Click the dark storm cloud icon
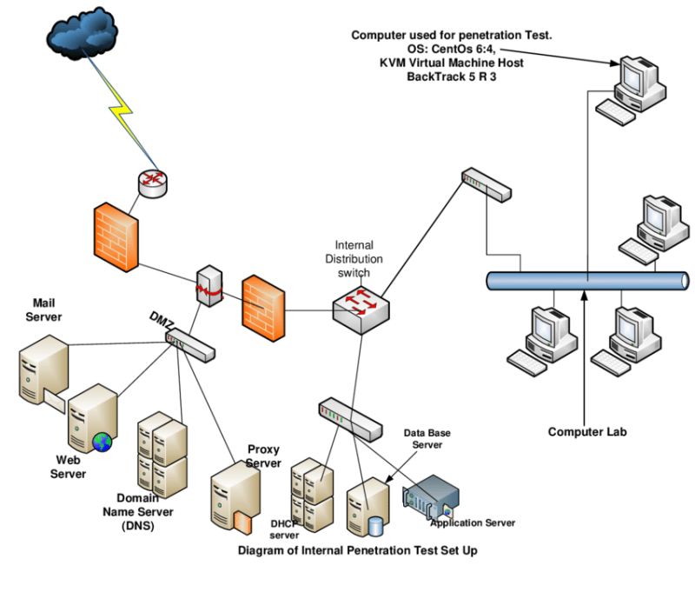(82, 33)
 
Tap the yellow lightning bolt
(121, 111)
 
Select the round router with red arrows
(153, 183)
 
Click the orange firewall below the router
(116, 237)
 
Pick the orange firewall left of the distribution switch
(263, 308)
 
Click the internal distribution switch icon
(361, 309)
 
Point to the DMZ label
(162, 320)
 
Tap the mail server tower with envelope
(43, 372)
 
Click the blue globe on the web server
(102, 443)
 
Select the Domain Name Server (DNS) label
(138, 511)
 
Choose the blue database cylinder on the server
(375, 526)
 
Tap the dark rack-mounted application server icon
(430, 496)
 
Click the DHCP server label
(284, 529)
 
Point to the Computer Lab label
(587, 432)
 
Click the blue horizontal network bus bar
(588, 281)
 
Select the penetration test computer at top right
(631, 90)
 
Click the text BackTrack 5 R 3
(451, 77)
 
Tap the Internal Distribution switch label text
(354, 259)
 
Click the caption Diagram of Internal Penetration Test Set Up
(358, 550)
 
